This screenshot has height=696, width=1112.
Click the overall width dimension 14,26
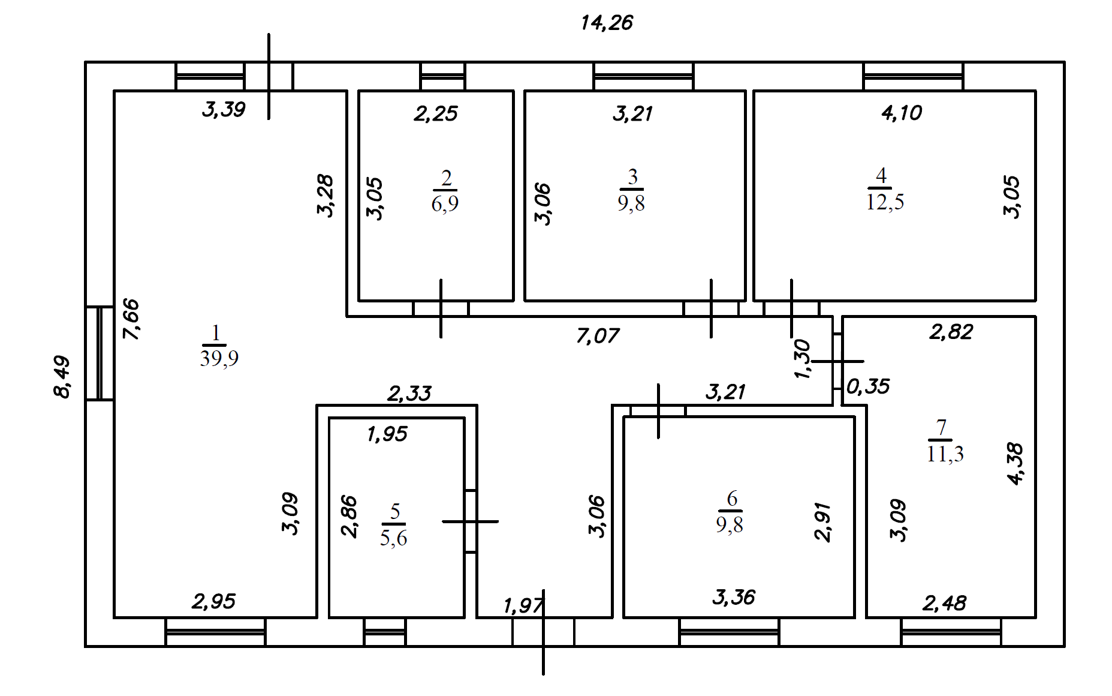[x=607, y=23]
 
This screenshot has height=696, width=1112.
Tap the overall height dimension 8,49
[x=62, y=377]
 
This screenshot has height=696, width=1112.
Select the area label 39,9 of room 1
[x=219, y=358]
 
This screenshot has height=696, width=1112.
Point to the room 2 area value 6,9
[x=445, y=203]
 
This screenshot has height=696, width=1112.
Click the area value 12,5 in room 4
[x=885, y=202]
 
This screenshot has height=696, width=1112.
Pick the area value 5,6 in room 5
[x=393, y=538]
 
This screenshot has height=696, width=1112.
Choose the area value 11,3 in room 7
[x=945, y=454]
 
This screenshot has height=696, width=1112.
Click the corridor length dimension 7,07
[x=597, y=336]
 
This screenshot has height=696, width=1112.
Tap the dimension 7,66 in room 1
[x=131, y=319]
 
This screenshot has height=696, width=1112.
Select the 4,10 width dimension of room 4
[x=902, y=113]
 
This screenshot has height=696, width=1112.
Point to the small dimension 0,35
[x=868, y=386]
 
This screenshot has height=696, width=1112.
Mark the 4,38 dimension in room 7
[x=1015, y=463]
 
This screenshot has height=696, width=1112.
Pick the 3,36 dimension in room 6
[x=734, y=597]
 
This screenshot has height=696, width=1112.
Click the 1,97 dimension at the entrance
[x=523, y=606]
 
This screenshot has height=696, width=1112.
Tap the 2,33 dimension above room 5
[x=409, y=394]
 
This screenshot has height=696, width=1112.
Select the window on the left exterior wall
[x=100, y=353]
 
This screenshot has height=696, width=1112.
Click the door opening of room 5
[x=471, y=521]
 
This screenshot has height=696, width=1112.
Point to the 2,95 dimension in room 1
[x=213, y=601]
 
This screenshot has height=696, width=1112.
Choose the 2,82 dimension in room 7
[x=951, y=332]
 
